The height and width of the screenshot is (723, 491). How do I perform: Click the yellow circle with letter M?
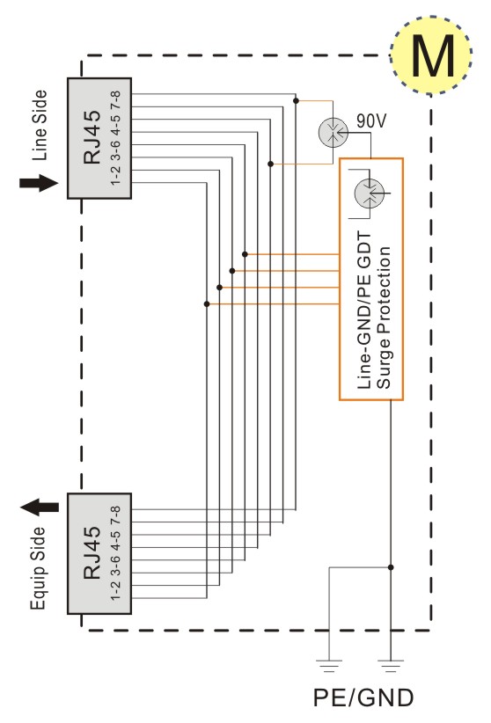tap(431, 55)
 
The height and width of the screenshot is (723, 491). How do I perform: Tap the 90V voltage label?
tap(371, 120)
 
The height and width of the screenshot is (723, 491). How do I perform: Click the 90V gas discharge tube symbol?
tap(333, 133)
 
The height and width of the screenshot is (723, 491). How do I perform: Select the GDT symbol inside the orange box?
tap(370, 194)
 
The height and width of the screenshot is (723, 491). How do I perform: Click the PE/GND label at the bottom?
tap(363, 697)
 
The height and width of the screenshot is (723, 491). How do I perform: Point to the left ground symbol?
tap(329, 666)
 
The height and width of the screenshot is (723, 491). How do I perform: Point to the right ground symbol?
tap(391, 666)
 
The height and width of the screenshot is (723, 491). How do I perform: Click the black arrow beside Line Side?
tap(39, 183)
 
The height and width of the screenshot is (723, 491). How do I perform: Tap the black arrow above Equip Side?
tap(40, 508)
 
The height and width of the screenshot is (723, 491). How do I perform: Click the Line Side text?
tap(40, 126)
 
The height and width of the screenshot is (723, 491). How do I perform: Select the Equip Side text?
tap(39, 568)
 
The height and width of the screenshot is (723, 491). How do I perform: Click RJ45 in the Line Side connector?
tap(92, 137)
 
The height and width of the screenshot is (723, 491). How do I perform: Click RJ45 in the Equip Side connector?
tap(92, 553)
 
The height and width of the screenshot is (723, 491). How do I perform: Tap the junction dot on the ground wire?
tap(391, 567)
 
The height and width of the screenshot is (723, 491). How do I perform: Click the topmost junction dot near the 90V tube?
tap(296, 100)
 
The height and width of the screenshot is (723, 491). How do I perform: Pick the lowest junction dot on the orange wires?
tap(207, 303)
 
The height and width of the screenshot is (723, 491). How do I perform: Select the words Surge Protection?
tap(384, 318)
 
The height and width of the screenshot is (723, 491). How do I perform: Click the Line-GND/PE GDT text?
tap(364, 310)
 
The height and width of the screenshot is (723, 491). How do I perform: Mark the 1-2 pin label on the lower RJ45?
tap(115, 590)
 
